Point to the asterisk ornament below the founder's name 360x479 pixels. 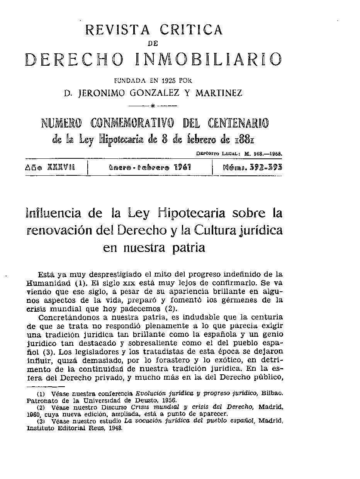(x=153, y=105)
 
